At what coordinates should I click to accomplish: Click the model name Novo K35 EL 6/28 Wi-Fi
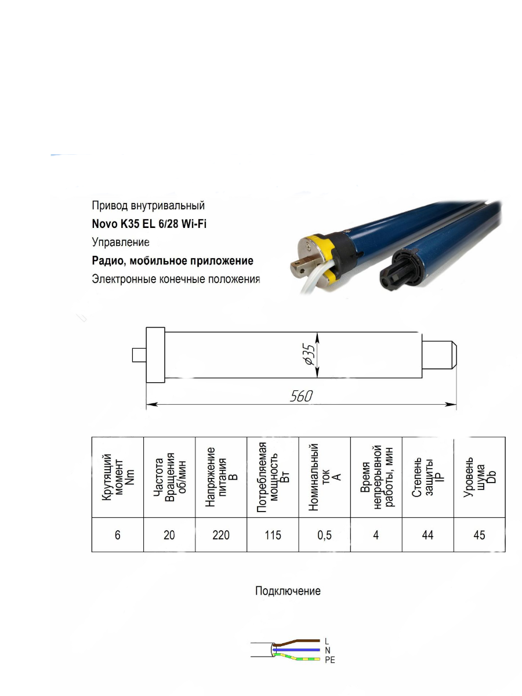point(149,224)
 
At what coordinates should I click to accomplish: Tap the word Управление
point(121,242)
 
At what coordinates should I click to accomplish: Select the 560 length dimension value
point(301,396)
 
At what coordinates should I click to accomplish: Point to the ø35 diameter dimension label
point(310,354)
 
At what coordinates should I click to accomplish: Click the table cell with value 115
point(273,535)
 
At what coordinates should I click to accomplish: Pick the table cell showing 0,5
point(325,535)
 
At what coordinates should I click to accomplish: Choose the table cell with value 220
point(221,535)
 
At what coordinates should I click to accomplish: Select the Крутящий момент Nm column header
point(118,477)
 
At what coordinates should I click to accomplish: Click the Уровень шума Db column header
point(480,477)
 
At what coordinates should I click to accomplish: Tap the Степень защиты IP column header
point(428,477)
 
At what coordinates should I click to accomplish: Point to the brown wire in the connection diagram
point(296,641)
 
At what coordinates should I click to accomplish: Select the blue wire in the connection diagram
point(296,650)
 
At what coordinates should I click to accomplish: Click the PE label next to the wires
point(330,660)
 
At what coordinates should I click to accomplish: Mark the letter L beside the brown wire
point(327,641)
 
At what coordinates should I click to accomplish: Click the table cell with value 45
point(480,535)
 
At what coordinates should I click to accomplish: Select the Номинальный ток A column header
point(325,477)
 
